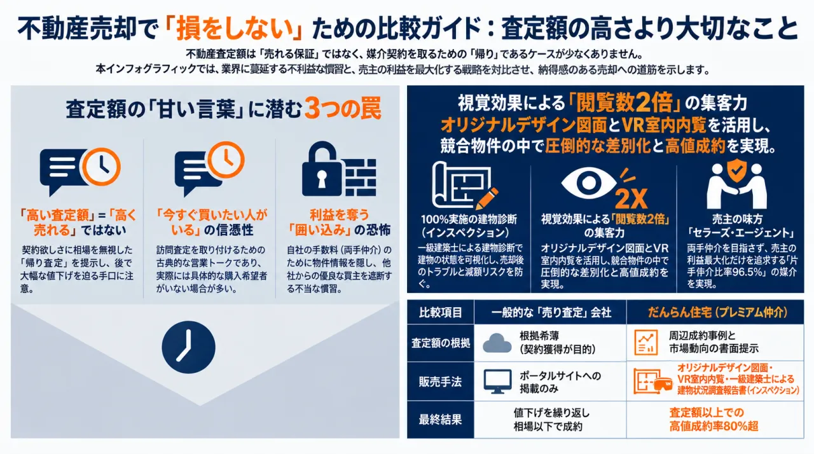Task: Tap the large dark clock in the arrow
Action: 189,347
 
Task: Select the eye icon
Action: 588,182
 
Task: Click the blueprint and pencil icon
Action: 464,185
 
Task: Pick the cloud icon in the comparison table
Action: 497,343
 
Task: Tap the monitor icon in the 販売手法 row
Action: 497,382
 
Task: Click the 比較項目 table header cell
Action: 441,312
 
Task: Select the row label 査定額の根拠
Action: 441,343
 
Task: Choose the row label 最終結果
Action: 441,420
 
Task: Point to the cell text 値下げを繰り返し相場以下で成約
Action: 551,420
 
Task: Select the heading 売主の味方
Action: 737,219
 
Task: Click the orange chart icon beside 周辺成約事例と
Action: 645,342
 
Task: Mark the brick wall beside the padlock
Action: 360,177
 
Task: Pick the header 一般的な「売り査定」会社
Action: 551,312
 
